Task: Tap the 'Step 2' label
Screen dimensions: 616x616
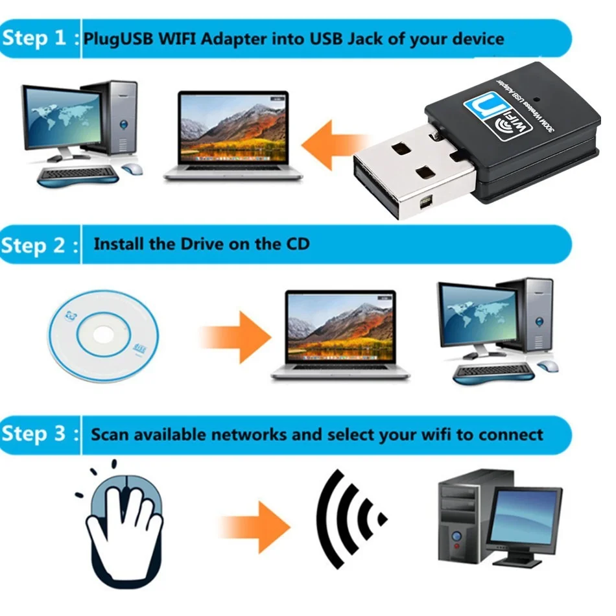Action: (x=34, y=246)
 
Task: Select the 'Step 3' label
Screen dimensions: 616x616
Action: (x=34, y=433)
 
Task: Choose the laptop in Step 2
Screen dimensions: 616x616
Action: (x=340, y=334)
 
